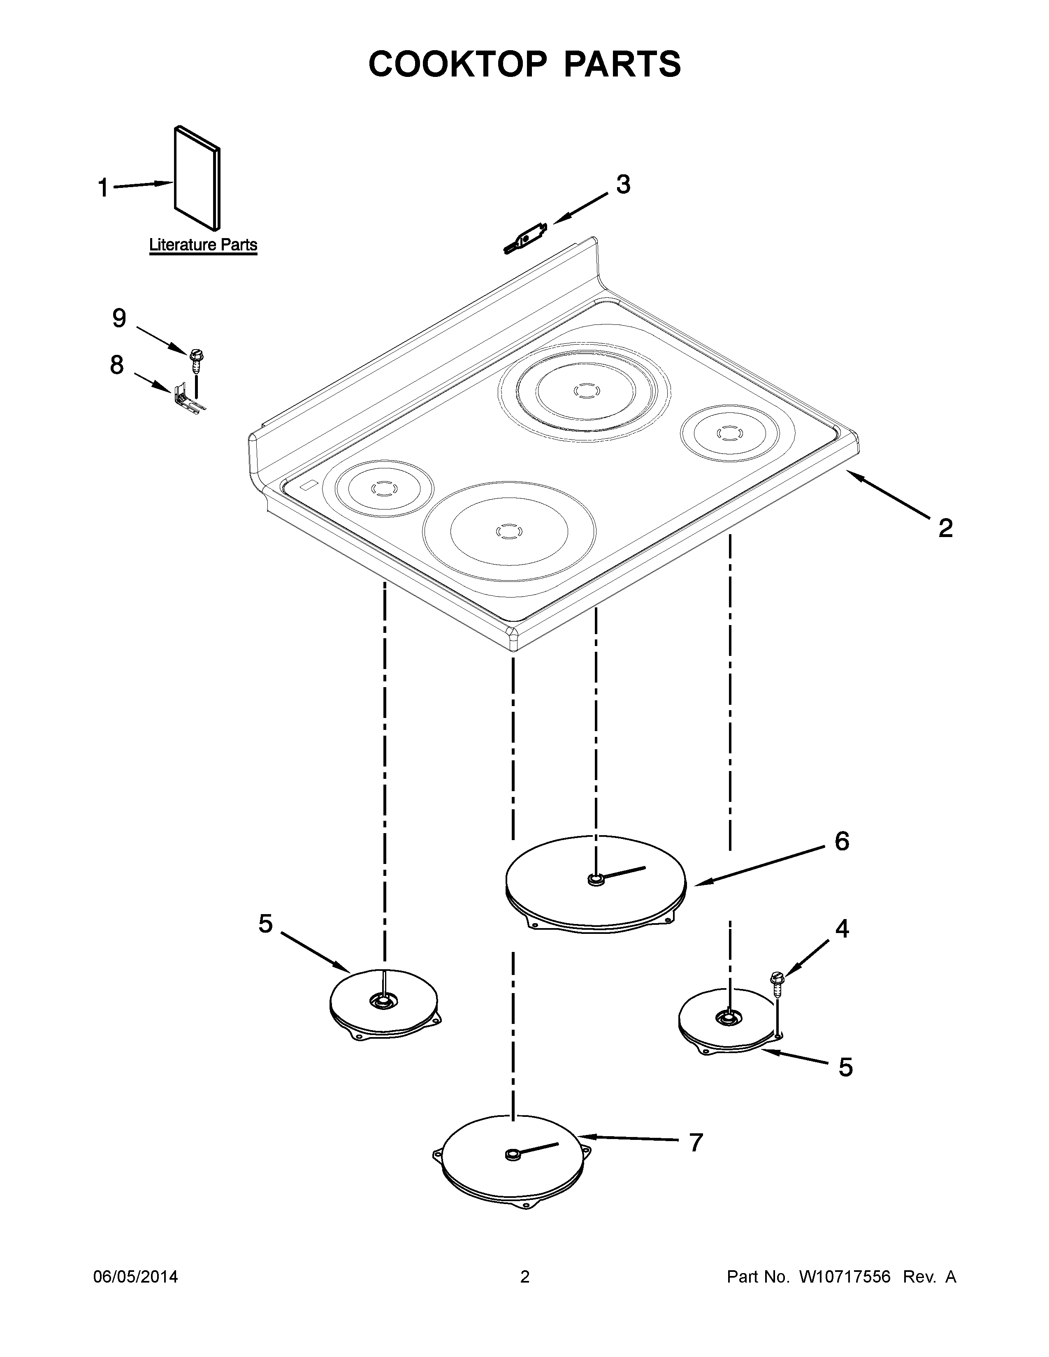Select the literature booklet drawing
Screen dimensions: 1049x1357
(x=196, y=177)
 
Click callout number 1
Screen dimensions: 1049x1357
(x=104, y=187)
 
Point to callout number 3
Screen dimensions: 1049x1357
(x=623, y=185)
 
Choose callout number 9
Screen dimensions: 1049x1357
(x=119, y=319)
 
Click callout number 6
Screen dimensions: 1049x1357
(x=841, y=841)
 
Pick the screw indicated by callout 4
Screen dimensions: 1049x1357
(x=777, y=980)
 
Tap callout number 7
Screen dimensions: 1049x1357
(x=696, y=1143)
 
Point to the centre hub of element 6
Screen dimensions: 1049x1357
(x=596, y=879)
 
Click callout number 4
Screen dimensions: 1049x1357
(x=841, y=946)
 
